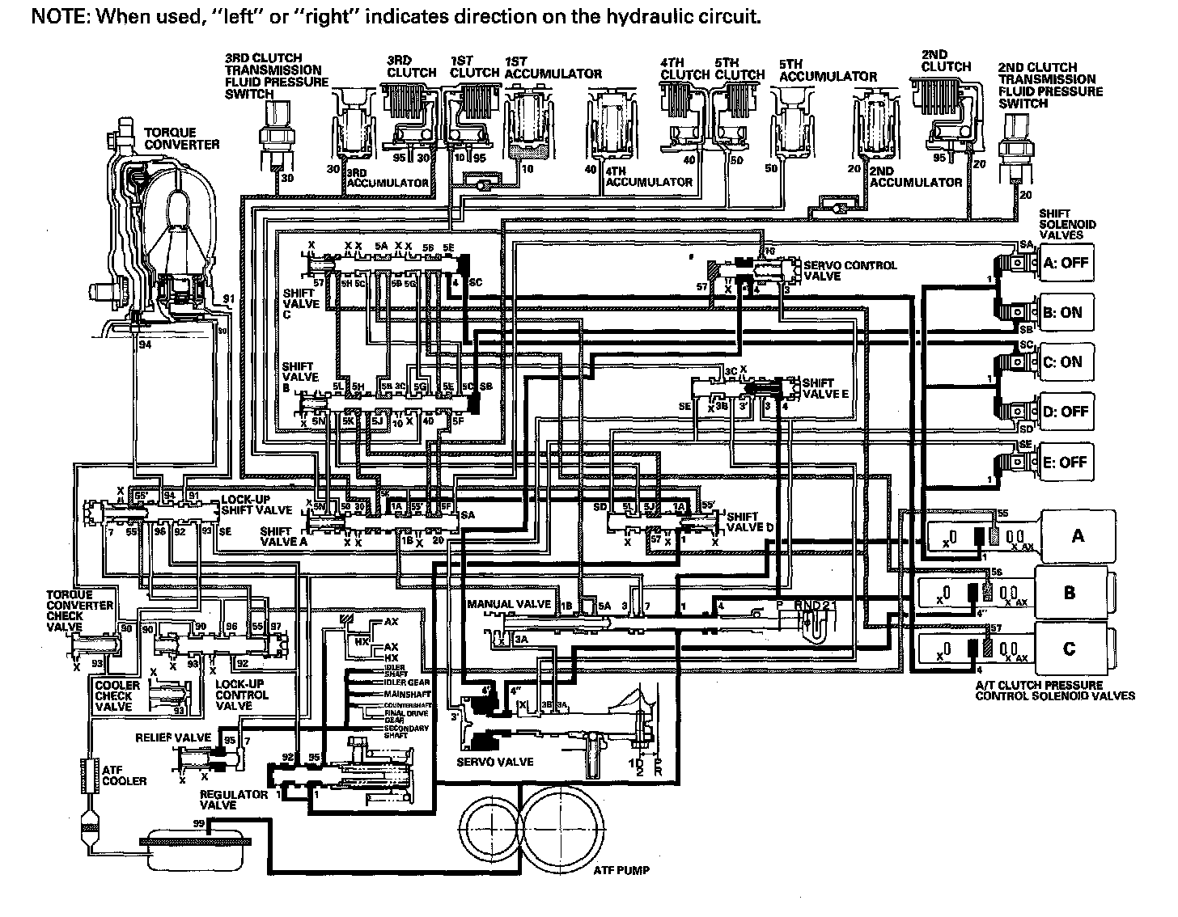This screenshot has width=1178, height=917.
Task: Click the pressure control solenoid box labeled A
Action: click(1077, 536)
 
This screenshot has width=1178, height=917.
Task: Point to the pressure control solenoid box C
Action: click(1069, 649)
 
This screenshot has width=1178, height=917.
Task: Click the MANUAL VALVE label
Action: click(509, 604)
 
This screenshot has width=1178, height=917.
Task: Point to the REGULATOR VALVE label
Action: click(234, 800)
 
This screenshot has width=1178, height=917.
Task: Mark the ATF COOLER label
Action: click(124, 775)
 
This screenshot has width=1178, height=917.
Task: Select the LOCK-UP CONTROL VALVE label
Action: click(242, 695)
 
